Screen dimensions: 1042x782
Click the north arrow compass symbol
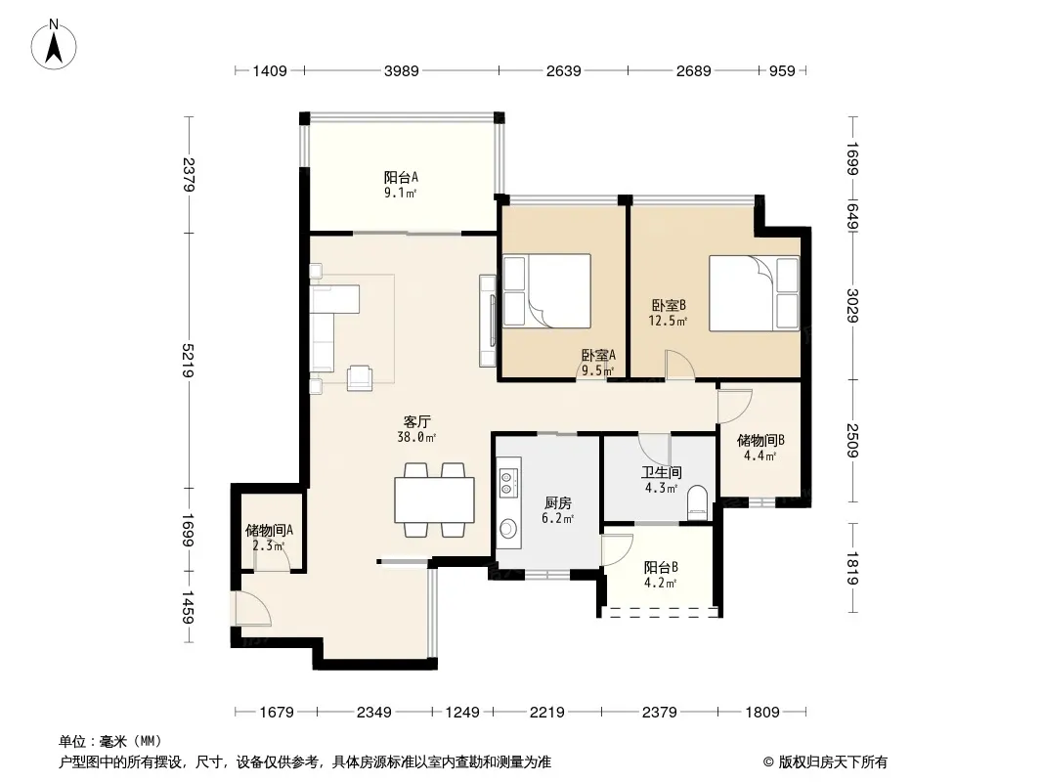[x=54, y=44]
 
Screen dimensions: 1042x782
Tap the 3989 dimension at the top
[x=402, y=71]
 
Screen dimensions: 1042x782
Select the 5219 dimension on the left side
[x=189, y=361]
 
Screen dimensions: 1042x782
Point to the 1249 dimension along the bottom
[x=461, y=713]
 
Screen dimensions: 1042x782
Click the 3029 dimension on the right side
[x=853, y=306]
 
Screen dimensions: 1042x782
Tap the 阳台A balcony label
[x=401, y=177]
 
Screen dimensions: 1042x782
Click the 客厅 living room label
[x=416, y=421]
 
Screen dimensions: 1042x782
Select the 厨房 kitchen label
[x=557, y=503]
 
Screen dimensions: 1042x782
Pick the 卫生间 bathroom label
[x=661, y=472]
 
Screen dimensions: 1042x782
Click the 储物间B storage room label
[x=760, y=440]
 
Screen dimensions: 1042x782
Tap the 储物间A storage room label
[x=269, y=530]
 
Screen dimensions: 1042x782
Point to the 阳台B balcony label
[x=661, y=567]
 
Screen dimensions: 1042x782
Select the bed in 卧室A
[x=547, y=291]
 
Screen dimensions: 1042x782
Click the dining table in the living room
[x=434, y=500]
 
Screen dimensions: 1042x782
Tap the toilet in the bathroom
[x=698, y=502]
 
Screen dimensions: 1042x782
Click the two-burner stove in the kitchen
[x=508, y=482]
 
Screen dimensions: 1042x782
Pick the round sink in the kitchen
[x=508, y=529]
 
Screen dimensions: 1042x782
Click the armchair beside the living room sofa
[x=360, y=378]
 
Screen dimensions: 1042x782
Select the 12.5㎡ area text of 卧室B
[x=668, y=321]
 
